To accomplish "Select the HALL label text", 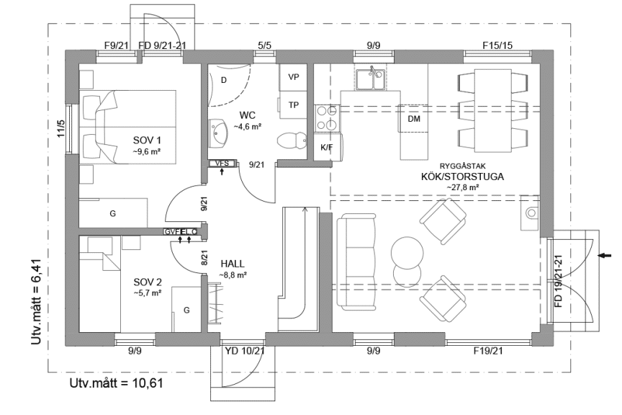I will (233, 264).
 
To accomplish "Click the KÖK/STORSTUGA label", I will (462, 176).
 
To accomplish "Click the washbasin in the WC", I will (220, 130).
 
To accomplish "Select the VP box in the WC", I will (294, 76).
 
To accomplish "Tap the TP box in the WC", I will (294, 104).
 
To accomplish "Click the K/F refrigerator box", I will (327, 147).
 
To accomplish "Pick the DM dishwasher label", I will (413, 120).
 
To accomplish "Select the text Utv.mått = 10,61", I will (116, 383).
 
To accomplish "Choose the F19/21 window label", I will (487, 351).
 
